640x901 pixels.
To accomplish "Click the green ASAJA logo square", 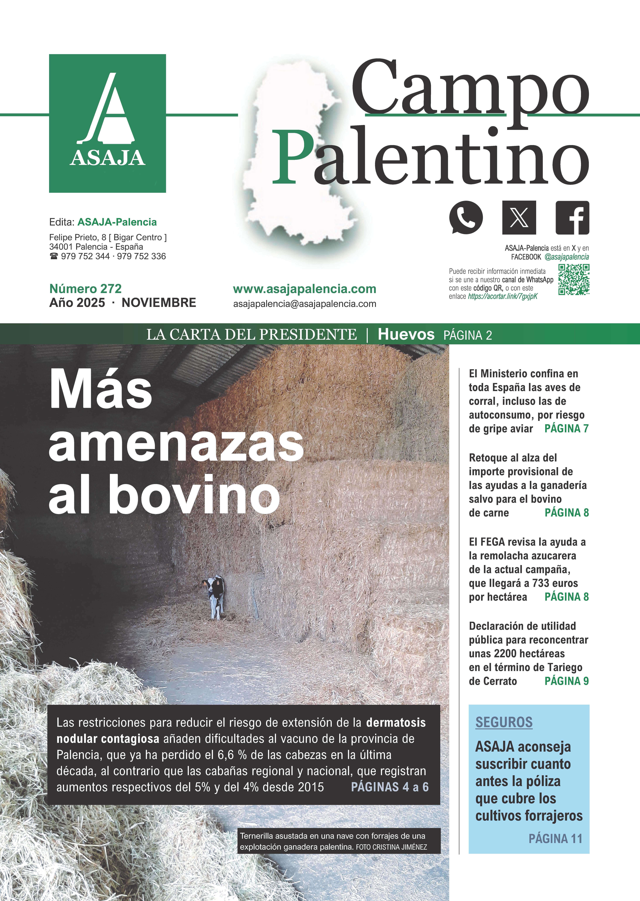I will coord(107,123).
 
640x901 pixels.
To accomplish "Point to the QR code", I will coord(574,280).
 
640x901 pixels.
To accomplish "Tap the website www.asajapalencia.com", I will coord(305,289).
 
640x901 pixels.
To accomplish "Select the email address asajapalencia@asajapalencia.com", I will coord(305,304).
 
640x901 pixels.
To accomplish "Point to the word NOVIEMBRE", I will coord(159,303).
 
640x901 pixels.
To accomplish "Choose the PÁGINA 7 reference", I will coord(566,429).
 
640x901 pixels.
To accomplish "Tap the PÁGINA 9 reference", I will coord(566,681).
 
